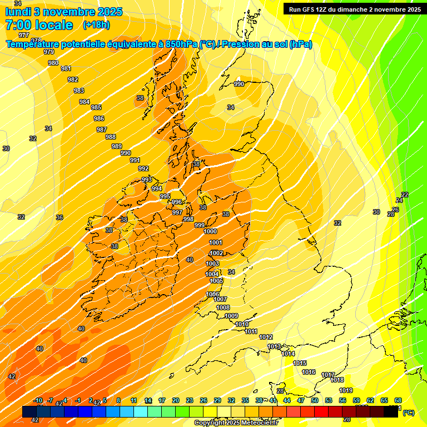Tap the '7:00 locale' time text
pyautogui.click(x=38, y=25)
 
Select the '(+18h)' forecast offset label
pyautogui.click(x=96, y=25)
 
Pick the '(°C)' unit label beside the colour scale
pyautogui.click(x=408, y=413)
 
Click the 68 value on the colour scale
pyautogui.click(x=398, y=400)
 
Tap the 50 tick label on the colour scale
pyautogui.click(x=315, y=400)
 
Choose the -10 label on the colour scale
pyautogui.click(x=38, y=400)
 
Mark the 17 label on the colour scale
pyautogui.click(x=162, y=400)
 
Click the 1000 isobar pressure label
pyautogui.click(x=210, y=232)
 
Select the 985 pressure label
pyautogui.click(x=96, y=107)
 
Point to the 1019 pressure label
pyautogui.click(x=346, y=390)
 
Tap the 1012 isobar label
pyautogui.click(x=266, y=337)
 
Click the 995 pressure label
pyautogui.click(x=165, y=197)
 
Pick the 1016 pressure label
pyautogui.click(x=309, y=373)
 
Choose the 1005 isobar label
pyautogui.click(x=216, y=281)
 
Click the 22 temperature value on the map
pyautogui.click(x=405, y=195)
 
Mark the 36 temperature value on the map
pyautogui.click(x=59, y=217)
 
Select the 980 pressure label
pyautogui.click(x=53, y=63)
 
